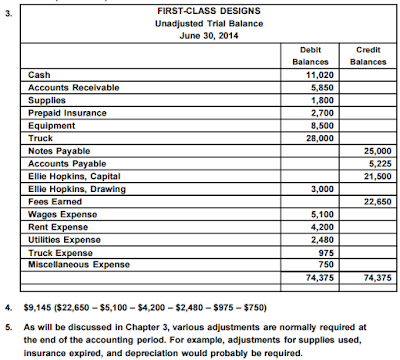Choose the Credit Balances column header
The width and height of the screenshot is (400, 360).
(356, 55)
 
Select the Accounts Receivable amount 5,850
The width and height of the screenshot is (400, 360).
(319, 87)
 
